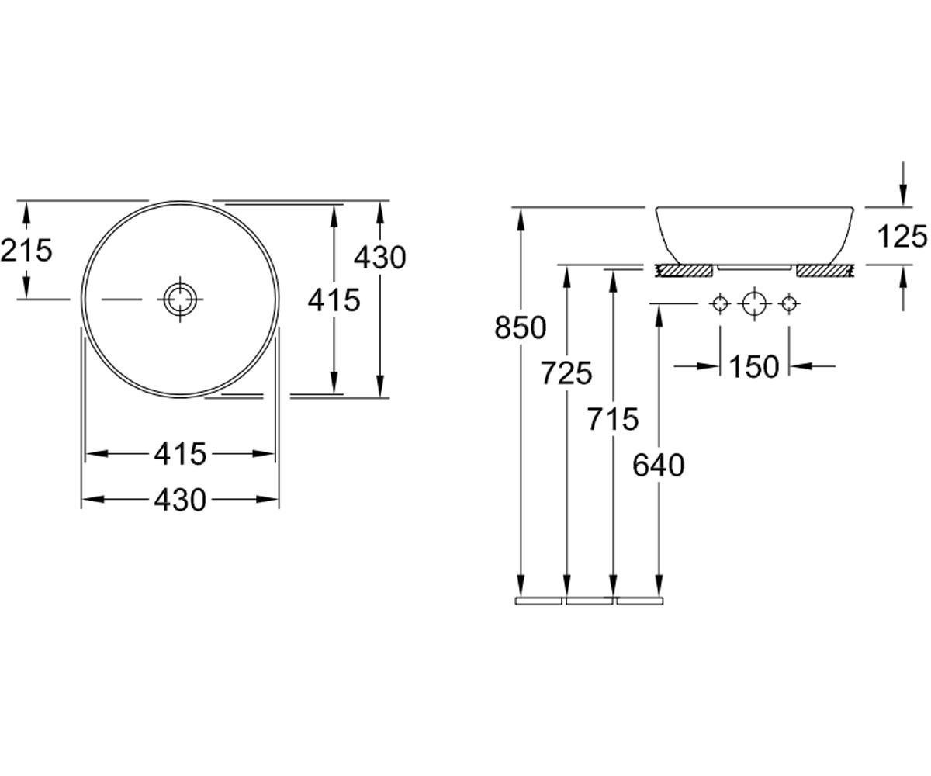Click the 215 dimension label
click(26, 250)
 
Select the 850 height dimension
click(521, 327)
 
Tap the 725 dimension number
click(566, 373)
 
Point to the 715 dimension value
click(613, 419)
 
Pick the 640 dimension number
click(659, 465)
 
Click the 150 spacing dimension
click(754, 366)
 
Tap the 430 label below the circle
click(180, 500)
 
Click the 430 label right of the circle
click(380, 258)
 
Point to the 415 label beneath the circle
click(180, 454)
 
